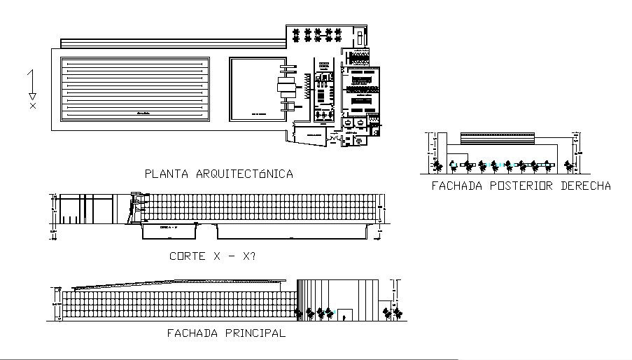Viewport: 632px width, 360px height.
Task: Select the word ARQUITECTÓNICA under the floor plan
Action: click(244, 174)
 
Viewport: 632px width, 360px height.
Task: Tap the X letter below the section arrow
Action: click(32, 106)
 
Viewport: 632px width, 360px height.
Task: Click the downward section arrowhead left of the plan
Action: click(32, 97)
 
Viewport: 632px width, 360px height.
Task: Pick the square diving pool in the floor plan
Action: click(255, 89)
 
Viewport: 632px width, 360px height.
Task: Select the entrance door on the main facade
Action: click(346, 317)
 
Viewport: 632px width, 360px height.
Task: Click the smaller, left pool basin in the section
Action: click(169, 232)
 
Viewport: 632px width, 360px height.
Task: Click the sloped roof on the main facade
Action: click(175, 284)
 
